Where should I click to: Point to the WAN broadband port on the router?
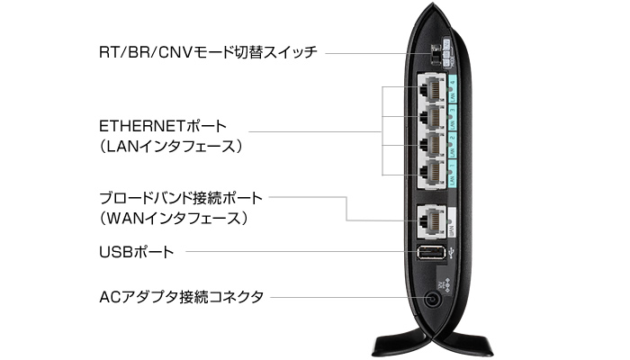click(x=433, y=217)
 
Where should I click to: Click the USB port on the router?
click(x=430, y=251)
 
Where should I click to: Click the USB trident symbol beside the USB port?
click(x=453, y=251)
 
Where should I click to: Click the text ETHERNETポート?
click(x=165, y=125)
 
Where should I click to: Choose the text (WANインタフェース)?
click(x=175, y=218)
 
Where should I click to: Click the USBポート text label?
click(x=137, y=252)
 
